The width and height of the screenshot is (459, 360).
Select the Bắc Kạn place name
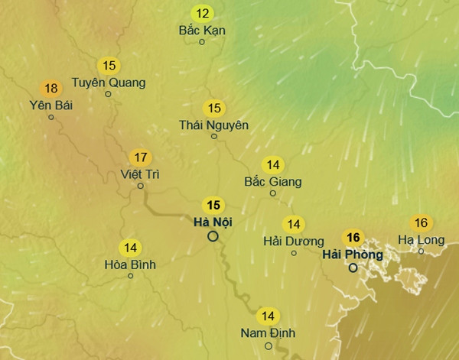pos(202,31)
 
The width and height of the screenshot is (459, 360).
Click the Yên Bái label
pos(50,105)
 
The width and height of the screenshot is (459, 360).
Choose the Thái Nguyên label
pos(213,125)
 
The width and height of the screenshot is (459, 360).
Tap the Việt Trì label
pos(140,174)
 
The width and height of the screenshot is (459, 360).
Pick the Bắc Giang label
pos(272,182)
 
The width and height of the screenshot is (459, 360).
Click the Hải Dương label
pos(293,241)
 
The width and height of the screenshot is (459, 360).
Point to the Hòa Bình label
pos(130,264)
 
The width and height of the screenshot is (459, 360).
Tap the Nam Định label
pos(268,333)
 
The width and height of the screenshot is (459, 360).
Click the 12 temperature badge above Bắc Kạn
pos(202,13)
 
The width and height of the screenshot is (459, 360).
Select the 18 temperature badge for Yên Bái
pos(51,88)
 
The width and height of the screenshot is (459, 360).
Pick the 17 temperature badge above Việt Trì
pos(140,157)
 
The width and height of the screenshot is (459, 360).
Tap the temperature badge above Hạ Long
pos(421,223)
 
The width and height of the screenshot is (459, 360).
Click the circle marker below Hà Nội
pos(213,236)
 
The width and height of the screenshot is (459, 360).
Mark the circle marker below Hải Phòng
pos(353,268)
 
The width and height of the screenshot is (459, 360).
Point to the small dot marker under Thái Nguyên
pos(213,137)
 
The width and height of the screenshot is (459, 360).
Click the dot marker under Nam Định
pos(268,345)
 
